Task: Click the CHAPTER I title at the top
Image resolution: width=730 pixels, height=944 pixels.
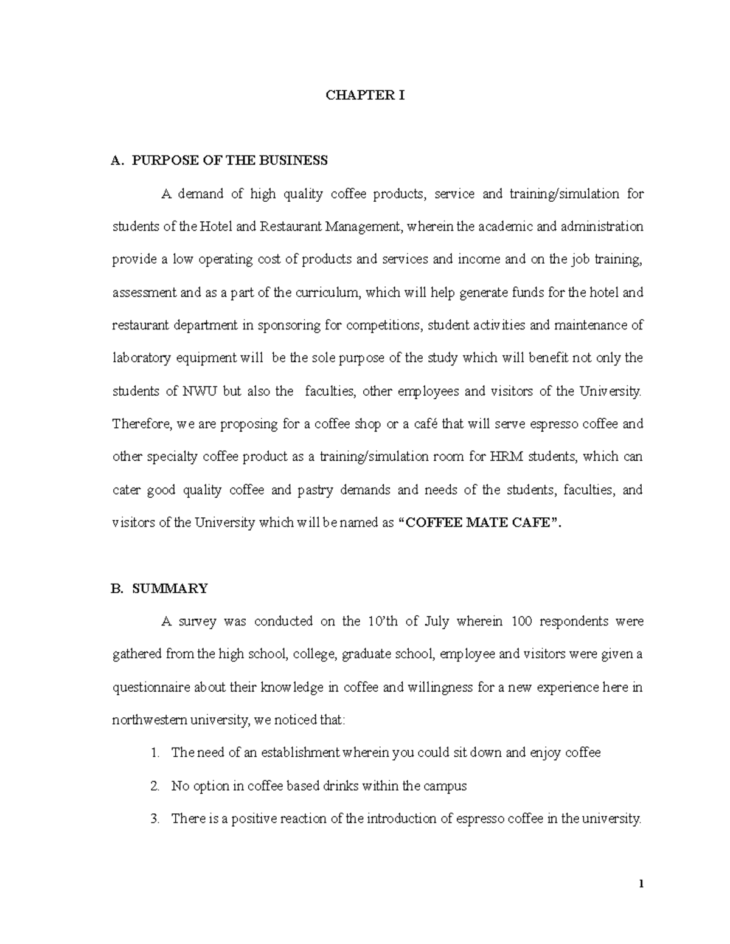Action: pos(365,95)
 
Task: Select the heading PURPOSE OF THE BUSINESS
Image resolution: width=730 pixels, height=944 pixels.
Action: pos(230,160)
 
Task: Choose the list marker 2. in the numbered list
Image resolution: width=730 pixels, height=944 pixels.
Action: pos(155,786)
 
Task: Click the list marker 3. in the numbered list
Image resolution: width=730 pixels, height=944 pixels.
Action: pos(155,819)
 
